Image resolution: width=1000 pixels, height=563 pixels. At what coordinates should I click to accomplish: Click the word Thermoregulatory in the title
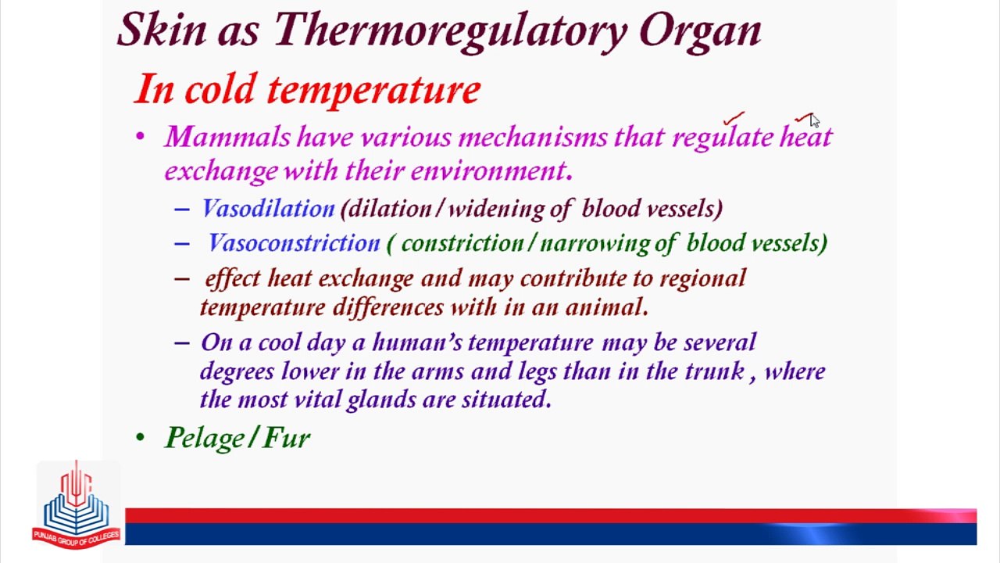click(x=451, y=30)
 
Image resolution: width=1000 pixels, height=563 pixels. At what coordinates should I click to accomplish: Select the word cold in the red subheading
click(x=221, y=88)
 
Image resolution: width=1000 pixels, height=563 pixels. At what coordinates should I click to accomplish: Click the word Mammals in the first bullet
click(x=227, y=136)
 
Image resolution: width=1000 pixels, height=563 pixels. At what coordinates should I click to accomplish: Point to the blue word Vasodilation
click(x=268, y=208)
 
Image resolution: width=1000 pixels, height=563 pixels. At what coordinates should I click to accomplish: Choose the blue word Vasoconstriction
click(x=295, y=243)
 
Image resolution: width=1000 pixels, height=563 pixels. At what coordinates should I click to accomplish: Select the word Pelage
click(x=205, y=438)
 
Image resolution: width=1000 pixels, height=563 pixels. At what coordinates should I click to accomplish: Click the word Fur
click(x=287, y=437)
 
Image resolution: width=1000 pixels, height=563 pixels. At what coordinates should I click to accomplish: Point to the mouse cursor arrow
click(x=815, y=120)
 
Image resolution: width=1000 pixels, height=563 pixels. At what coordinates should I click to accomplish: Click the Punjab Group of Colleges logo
click(x=77, y=505)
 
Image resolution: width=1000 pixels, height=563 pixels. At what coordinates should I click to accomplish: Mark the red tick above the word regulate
click(x=734, y=118)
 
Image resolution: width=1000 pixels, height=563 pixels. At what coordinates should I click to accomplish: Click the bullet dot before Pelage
click(x=140, y=437)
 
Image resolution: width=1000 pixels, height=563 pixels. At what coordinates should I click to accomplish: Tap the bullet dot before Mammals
click(x=140, y=136)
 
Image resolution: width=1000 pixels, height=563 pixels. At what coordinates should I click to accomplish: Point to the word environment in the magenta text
click(x=491, y=170)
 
